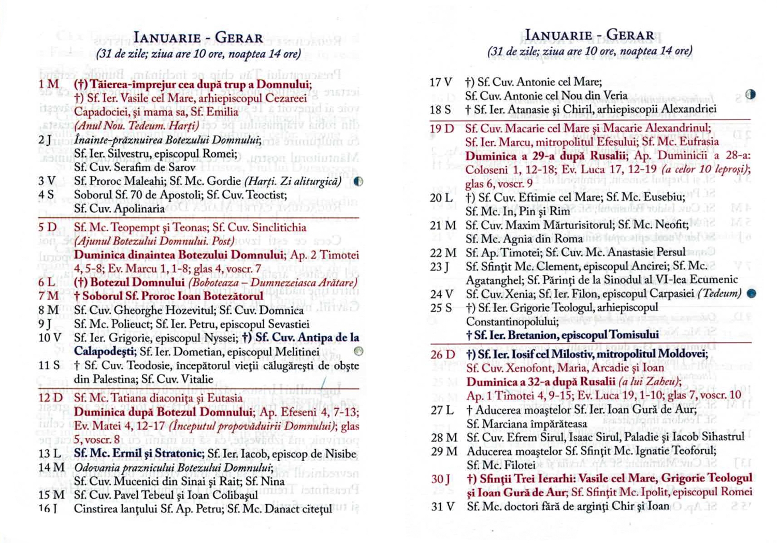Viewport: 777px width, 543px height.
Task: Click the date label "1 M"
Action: (x=48, y=84)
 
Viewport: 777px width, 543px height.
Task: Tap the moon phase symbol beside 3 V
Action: (x=358, y=181)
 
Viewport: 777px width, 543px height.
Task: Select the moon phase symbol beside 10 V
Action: (x=358, y=351)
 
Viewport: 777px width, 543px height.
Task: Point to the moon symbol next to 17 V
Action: (x=750, y=95)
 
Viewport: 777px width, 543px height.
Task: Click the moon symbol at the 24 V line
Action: (x=751, y=294)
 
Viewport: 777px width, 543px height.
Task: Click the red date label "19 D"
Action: (x=442, y=128)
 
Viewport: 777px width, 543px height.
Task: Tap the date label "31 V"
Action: (x=443, y=506)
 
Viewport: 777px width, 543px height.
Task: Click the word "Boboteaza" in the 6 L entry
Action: (x=217, y=283)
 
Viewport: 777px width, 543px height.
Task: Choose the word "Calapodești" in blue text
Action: (x=105, y=352)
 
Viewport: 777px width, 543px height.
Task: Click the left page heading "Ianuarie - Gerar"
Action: (x=198, y=38)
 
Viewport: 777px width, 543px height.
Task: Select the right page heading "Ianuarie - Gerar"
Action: (x=589, y=35)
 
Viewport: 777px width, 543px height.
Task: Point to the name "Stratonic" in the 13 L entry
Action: (x=176, y=454)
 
